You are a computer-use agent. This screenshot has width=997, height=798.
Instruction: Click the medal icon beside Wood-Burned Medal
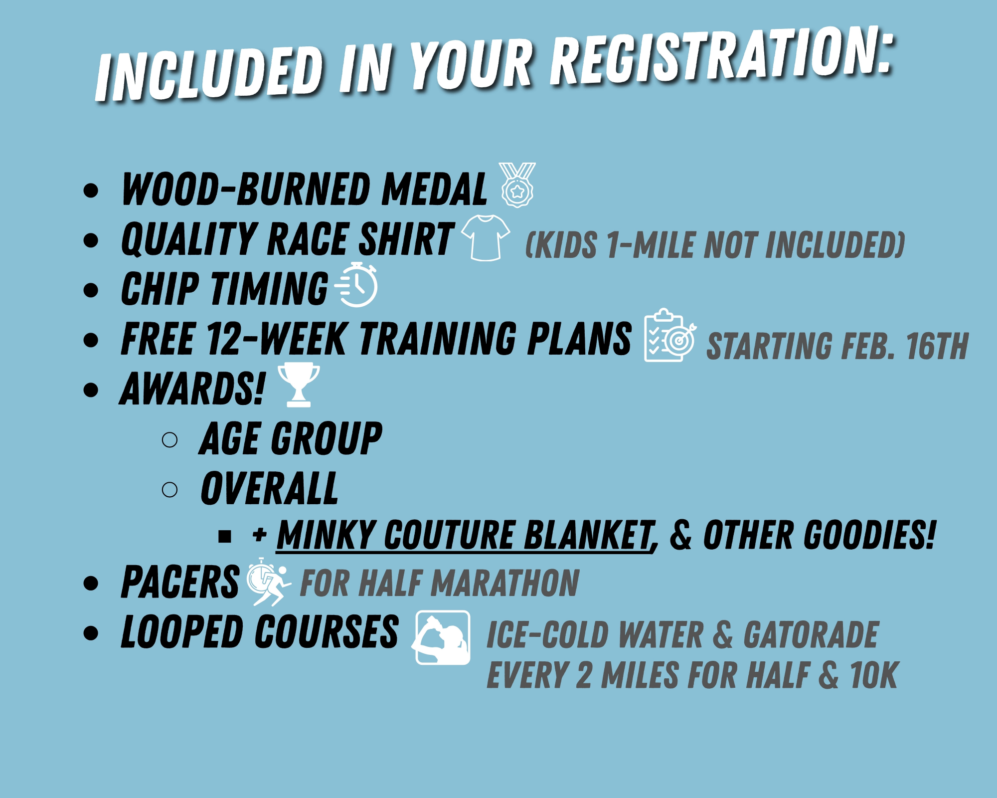tap(517, 185)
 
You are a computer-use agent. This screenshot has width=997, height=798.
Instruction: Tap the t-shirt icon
tap(486, 238)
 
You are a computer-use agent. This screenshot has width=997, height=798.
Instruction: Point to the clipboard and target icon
tap(670, 335)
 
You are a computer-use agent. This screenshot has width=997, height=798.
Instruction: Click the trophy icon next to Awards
tap(299, 385)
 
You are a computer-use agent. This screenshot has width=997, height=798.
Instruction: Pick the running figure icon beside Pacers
tap(269, 582)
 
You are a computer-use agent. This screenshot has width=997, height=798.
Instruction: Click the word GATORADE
tap(811, 634)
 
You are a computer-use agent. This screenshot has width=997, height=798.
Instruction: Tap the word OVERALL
tap(269, 488)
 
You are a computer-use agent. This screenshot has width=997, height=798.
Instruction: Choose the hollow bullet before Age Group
tap(169, 439)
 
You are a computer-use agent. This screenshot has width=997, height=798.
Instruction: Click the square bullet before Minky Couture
tap(225, 536)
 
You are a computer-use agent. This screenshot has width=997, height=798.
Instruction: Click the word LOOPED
tap(183, 631)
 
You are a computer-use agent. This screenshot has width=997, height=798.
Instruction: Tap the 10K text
tap(873, 675)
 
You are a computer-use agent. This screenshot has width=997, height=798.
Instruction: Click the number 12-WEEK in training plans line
tap(277, 339)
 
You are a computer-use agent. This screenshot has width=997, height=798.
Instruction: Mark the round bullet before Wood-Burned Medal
tap(91, 190)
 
